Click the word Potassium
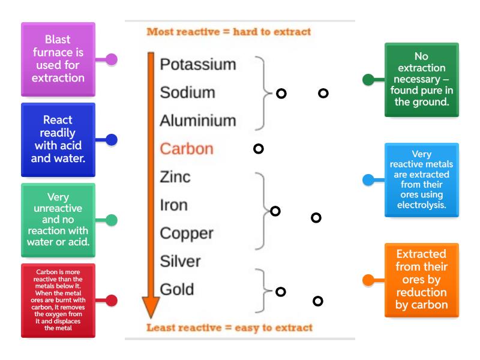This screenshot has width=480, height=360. point(197,65)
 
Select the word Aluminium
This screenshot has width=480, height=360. point(197,121)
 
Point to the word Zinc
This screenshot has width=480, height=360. point(175,176)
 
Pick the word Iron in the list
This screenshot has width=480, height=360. point(173,205)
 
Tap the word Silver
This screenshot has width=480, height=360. point(180,261)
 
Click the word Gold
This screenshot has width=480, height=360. point(176,289)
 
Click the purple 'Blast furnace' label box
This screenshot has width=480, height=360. point(58,59)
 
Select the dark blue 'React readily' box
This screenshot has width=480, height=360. point(58,139)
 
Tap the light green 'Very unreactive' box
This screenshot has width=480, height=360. point(58,220)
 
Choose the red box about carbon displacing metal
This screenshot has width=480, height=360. point(58,300)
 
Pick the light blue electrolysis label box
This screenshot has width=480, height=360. point(421,179)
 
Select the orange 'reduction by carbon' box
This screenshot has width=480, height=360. point(421,280)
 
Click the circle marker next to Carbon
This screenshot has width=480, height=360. point(259,148)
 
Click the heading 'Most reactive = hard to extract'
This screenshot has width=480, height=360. point(229,32)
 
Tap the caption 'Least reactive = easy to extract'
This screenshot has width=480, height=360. point(229,328)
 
